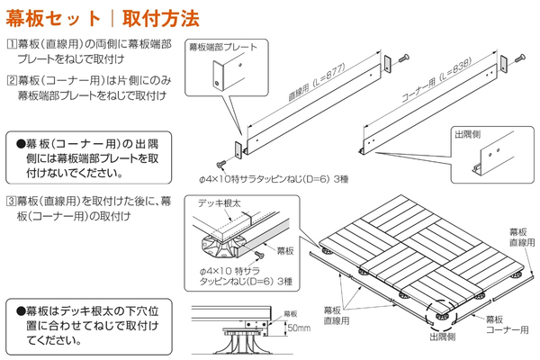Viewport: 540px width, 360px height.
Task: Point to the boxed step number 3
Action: coord(10,201)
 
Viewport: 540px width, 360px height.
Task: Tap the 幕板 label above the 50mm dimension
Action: coord(289,314)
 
